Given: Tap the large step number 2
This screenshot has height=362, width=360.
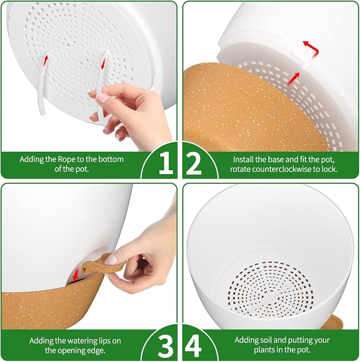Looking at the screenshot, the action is click(194, 163).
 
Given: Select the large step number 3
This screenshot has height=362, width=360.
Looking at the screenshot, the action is click(166, 345).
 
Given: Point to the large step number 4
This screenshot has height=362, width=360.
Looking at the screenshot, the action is click(194, 345).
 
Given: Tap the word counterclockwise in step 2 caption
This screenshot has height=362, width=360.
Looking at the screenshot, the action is click(282, 169).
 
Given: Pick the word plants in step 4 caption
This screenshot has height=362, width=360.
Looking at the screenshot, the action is click(265, 350).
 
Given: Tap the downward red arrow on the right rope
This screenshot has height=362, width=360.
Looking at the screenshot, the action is click(103, 64).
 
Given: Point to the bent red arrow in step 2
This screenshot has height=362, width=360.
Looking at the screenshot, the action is click(312, 49).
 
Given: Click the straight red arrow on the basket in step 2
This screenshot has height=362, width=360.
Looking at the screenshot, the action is click(293, 79).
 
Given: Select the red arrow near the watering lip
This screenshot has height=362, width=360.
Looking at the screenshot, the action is click(75, 274).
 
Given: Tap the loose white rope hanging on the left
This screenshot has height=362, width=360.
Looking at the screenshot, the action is click(43, 83).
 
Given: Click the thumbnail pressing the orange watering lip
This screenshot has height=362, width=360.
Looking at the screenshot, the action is click(111, 260).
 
